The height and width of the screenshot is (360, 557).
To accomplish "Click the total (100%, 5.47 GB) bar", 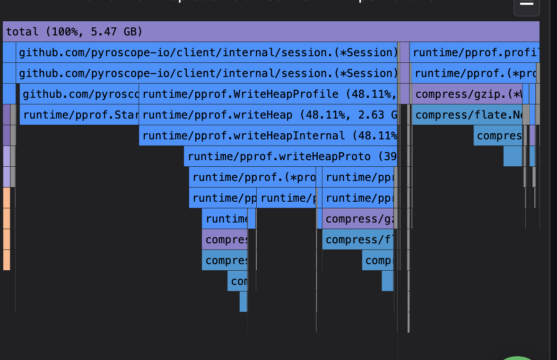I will tap(270, 32).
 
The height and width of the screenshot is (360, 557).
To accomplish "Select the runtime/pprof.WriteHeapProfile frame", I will tap(268, 94).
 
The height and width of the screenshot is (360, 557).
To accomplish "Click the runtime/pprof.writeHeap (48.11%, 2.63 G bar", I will tap(268, 115).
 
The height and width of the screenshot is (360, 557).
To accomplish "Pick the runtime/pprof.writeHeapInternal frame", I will tap(268, 136).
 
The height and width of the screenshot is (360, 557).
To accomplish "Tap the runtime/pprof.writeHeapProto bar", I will tap(290, 156).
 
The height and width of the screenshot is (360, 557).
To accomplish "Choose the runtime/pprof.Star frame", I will tap(79, 115).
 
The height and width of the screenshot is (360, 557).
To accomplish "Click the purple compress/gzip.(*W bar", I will tap(467, 94).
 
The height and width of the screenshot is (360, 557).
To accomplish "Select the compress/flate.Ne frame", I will tap(467, 115).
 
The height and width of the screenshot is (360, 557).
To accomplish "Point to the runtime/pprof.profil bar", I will tap(474, 52).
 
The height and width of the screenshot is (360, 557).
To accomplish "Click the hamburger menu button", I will tap(526, 4).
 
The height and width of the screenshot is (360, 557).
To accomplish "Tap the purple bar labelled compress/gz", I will tap(358, 219).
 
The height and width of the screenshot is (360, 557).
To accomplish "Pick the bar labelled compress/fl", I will tap(358, 240).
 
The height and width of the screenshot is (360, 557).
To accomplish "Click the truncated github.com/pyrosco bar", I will tap(79, 94).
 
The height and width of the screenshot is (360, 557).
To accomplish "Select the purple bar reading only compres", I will tap(225, 240).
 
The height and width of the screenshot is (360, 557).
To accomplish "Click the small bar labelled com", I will tap(237, 281).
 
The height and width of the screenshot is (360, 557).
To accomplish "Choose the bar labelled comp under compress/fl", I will tap(378, 260).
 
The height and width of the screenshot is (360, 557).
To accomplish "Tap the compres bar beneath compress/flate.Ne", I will tap(498, 136).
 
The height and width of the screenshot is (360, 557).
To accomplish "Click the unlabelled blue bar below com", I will tap(243, 302).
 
